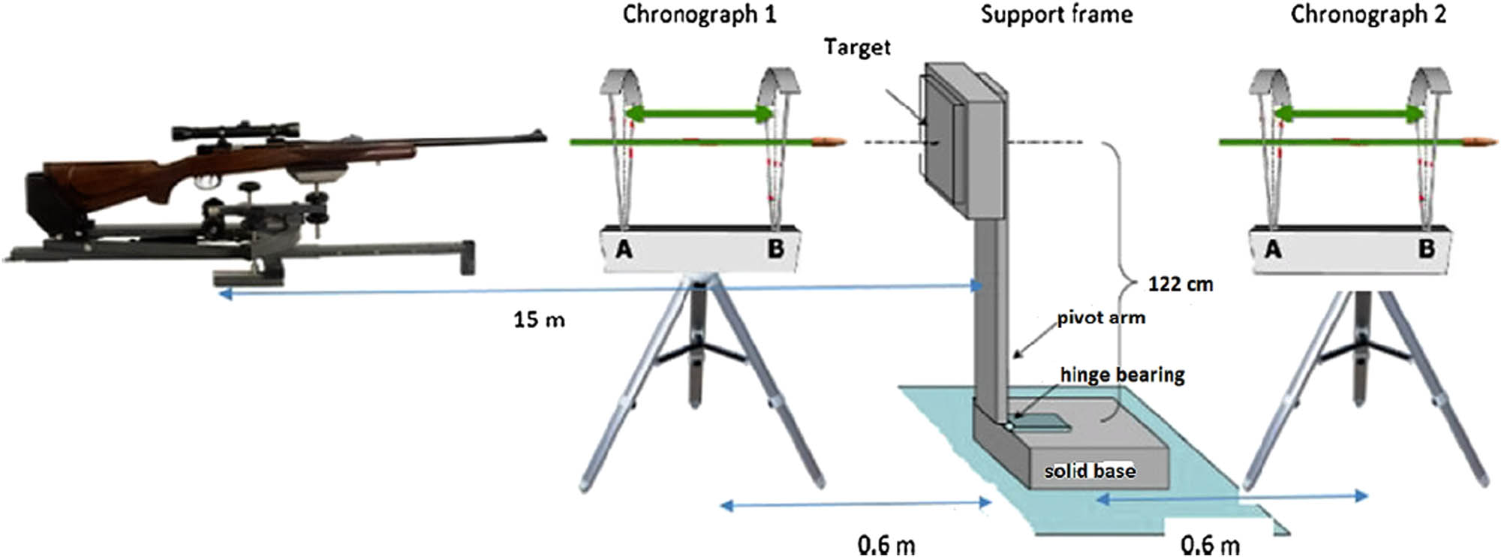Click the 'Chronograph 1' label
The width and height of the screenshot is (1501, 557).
pos(699,15)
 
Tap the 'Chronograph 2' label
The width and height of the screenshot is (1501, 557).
pos(1367,15)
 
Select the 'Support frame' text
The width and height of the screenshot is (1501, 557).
pos(1056,15)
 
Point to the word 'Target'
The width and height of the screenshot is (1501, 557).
pos(856,47)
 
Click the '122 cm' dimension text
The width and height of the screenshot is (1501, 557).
pos(1180,285)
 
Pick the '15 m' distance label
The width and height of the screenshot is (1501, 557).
pos(539,320)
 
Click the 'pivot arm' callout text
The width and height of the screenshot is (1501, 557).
pos(1101,318)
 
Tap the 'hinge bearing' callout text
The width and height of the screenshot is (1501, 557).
pos(1122,374)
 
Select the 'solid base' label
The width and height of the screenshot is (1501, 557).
pos(1090,471)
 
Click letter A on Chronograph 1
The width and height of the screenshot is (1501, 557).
pos(624,249)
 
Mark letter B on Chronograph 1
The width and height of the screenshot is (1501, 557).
pos(775,248)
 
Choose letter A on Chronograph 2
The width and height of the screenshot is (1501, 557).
pos(1273,249)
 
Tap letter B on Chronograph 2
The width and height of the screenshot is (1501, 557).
pos(1426,248)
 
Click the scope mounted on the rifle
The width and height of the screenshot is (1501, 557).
pos(235,131)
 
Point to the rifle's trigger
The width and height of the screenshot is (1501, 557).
pos(204,182)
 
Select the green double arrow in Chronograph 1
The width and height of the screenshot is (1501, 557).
pos(699,114)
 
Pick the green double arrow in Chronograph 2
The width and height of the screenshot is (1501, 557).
pos(1349,114)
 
